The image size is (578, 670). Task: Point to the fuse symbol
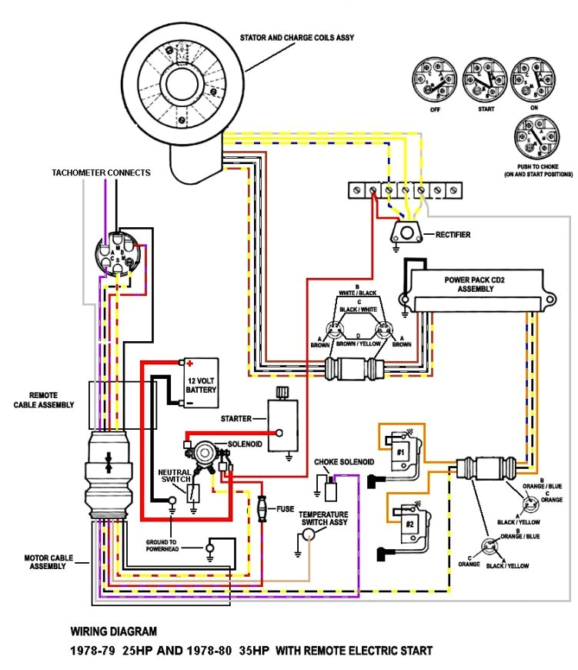pyautogui.click(x=263, y=509)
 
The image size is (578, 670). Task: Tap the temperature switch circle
pyautogui.click(x=309, y=542)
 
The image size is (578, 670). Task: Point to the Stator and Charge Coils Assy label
pyautogui.click(x=296, y=37)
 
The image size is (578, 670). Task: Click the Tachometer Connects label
pyautogui.click(x=102, y=173)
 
